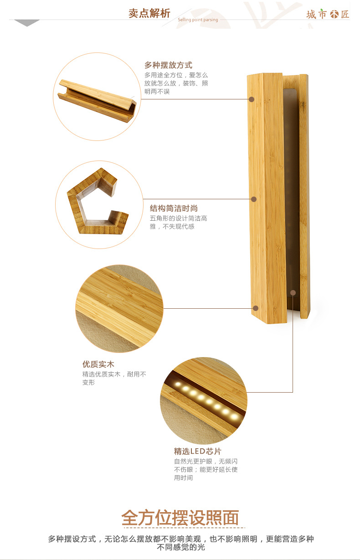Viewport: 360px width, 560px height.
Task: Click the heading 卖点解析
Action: (x=149, y=13)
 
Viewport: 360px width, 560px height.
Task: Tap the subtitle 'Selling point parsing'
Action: (x=198, y=20)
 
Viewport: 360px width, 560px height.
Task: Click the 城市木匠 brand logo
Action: (x=328, y=14)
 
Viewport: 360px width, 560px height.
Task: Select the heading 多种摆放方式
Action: (x=168, y=65)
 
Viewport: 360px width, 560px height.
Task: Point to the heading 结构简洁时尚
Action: (x=174, y=208)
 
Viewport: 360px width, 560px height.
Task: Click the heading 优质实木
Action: (x=98, y=364)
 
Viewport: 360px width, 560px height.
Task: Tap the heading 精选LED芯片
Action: (x=197, y=451)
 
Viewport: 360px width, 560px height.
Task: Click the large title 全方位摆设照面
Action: (x=180, y=518)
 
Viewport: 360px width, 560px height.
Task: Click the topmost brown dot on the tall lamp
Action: (x=252, y=99)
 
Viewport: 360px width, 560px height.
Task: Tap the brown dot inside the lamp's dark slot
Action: (x=293, y=292)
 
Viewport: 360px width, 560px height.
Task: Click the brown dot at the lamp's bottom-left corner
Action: (x=256, y=308)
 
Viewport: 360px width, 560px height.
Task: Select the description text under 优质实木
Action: (x=114, y=378)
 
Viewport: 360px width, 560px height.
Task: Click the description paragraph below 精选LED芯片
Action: (x=206, y=469)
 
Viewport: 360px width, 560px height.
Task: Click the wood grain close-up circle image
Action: (x=119, y=308)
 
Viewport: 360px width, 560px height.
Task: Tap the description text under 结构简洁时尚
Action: (x=178, y=222)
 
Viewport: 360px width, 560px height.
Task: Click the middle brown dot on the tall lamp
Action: (x=254, y=199)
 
